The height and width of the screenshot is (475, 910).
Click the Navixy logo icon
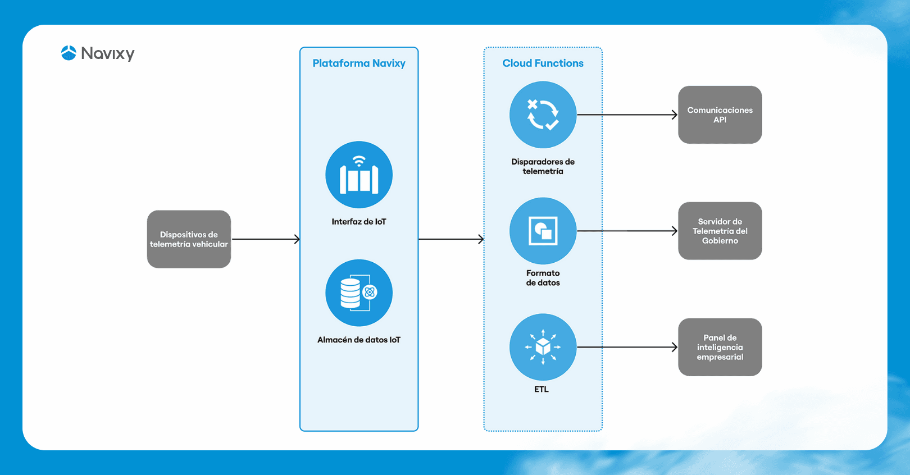[69, 53]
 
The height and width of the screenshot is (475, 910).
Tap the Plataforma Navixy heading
[359, 63]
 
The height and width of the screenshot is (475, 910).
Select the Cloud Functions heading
[543, 63]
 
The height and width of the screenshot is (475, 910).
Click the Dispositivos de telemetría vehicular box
[189, 239]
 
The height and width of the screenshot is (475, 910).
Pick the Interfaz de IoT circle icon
[359, 175]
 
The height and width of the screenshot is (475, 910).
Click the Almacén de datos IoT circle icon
[359, 293]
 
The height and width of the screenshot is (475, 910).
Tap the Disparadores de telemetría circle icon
[543, 115]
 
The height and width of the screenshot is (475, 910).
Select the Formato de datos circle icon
[543, 231]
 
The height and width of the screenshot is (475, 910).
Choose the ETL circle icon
[543, 347]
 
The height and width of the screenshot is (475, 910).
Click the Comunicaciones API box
[720, 115]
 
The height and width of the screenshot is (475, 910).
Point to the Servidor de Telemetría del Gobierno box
[720, 231]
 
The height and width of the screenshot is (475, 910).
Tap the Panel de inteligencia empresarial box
[720, 347]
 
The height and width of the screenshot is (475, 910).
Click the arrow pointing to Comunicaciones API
[627, 115]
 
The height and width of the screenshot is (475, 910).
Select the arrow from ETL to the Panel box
[627, 347]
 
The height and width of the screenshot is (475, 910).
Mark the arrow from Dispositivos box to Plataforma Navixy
[266, 239]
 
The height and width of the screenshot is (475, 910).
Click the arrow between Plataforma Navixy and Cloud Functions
[451, 239]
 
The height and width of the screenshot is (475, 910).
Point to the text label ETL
[541, 389]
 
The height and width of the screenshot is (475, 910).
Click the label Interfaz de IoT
[359, 222]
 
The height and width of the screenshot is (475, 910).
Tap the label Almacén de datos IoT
[359, 340]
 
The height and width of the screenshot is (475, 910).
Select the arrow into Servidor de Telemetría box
[627, 231]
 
